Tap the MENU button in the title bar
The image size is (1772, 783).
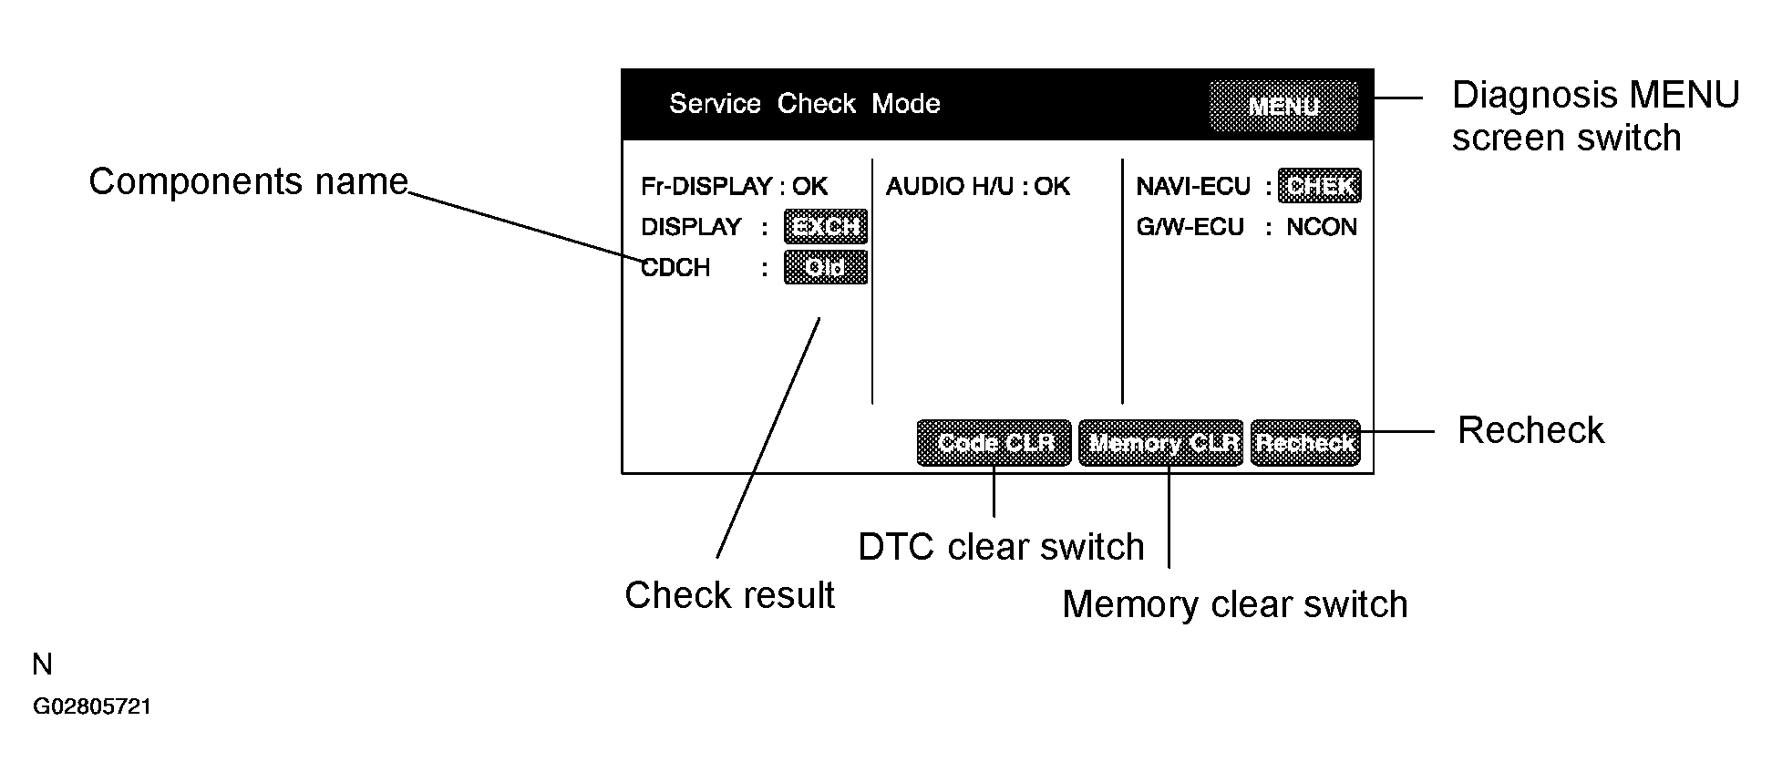pos(1283,107)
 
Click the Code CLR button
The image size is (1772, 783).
pos(994,443)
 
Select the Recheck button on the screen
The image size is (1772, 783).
pos(1305,443)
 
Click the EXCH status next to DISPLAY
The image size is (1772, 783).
pos(825,226)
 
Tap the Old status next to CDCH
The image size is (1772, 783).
pos(825,268)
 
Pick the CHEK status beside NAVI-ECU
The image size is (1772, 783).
pos(1319,186)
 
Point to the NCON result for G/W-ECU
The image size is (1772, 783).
pos(1322,227)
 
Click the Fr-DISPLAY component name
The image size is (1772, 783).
pos(706,187)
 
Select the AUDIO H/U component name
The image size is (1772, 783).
pos(951,187)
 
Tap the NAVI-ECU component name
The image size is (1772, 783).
pos(1193,187)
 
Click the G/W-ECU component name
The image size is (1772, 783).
pos(1190,227)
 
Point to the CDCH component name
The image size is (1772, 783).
pos(675,268)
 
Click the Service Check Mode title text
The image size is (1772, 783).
pos(805,104)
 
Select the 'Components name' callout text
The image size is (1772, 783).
pos(248,181)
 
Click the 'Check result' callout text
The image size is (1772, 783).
pos(729,595)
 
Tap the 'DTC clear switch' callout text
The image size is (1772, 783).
pos(1001,547)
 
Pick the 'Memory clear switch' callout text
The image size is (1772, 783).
pos(1235,604)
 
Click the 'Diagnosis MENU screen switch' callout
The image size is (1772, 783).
pos(1595,116)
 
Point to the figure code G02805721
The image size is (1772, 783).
pos(92,707)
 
